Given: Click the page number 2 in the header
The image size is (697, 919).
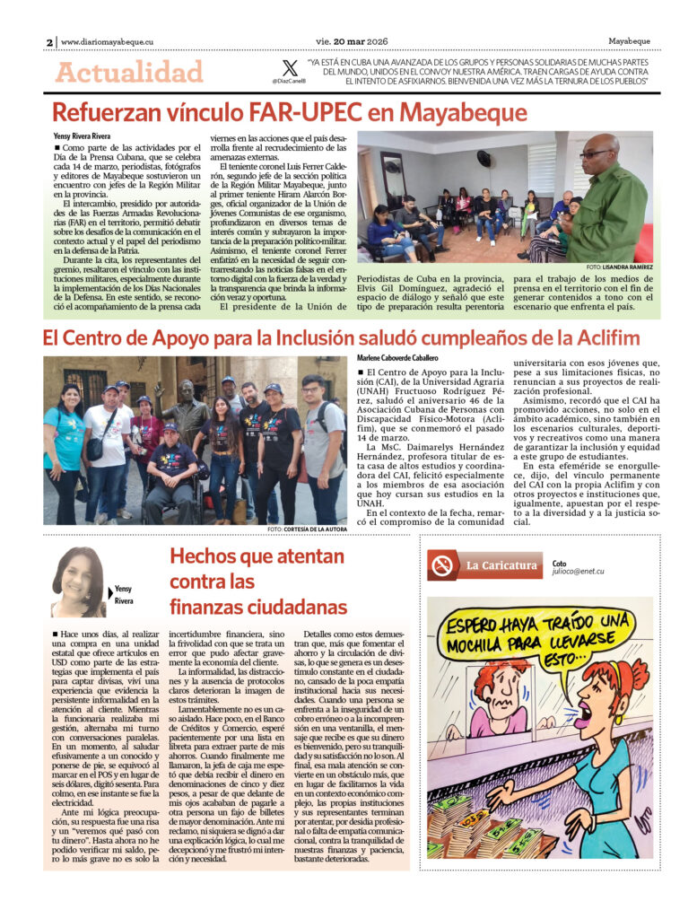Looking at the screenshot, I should [49, 42].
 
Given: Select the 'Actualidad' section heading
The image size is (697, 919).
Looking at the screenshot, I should [129, 72].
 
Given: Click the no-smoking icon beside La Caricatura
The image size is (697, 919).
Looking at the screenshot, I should [442, 566].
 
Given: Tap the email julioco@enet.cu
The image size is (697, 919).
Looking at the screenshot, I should [578, 571].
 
